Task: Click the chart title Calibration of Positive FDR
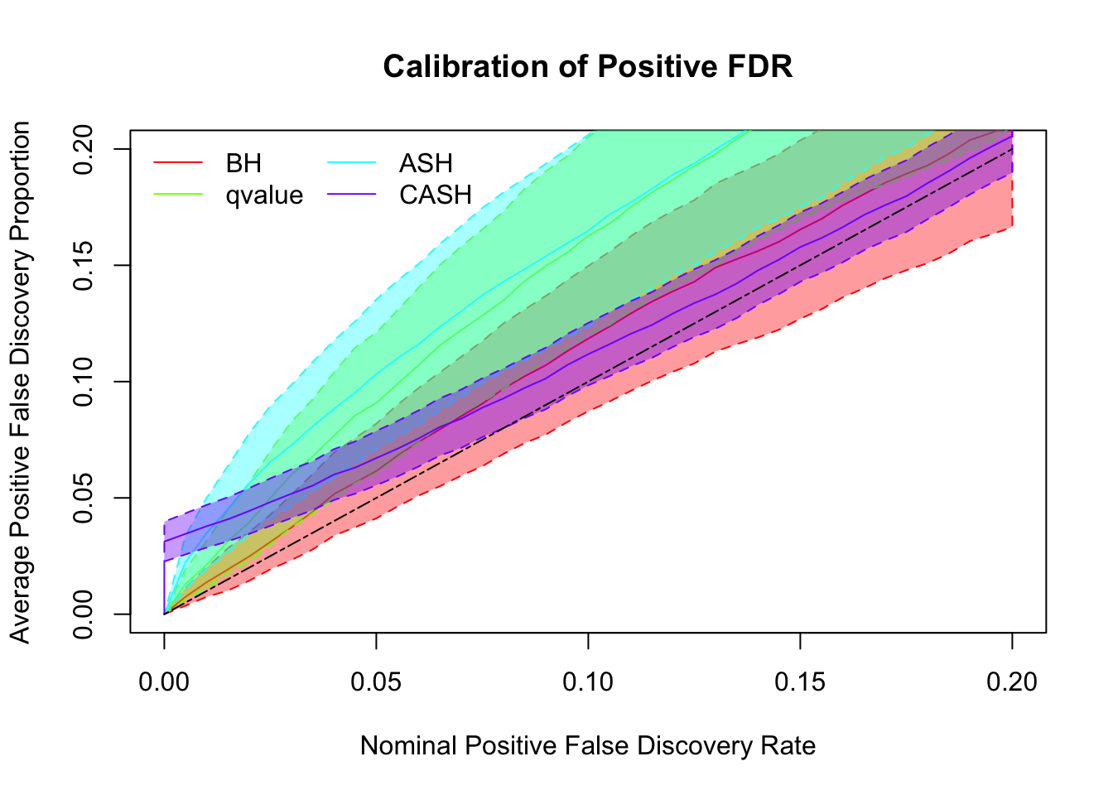[x=588, y=66]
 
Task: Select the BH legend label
[x=243, y=163]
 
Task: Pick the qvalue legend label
[x=264, y=195]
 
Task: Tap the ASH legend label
[x=426, y=163]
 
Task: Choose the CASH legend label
[x=436, y=195]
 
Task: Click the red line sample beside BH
[x=178, y=163]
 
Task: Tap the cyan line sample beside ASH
[x=352, y=163]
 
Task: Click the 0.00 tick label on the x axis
[x=164, y=682]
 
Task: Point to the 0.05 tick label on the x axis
[x=376, y=682]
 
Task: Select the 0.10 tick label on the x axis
[x=588, y=682]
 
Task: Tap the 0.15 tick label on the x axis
[x=800, y=682]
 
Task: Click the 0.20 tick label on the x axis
[x=1012, y=682]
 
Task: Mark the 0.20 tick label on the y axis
[x=84, y=149]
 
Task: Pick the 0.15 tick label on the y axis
[x=84, y=265]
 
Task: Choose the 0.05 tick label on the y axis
[x=84, y=498]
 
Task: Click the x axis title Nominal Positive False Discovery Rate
[x=588, y=746]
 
